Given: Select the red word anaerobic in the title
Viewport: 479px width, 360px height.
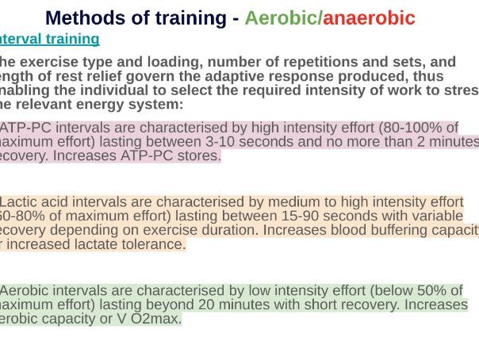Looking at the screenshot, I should (x=370, y=18).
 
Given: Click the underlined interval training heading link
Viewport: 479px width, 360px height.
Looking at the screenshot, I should (x=49, y=39).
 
